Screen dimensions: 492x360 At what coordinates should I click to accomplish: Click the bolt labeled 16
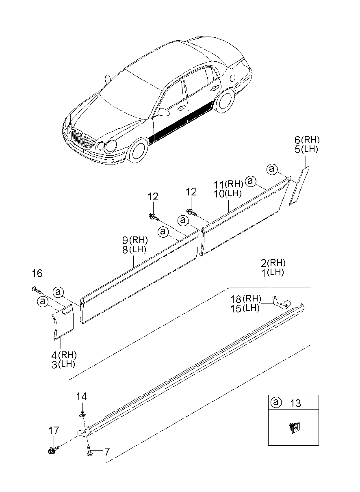click(x=37, y=290)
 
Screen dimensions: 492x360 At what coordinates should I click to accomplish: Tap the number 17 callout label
click(x=54, y=431)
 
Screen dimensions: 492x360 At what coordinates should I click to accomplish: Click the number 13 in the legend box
click(x=296, y=403)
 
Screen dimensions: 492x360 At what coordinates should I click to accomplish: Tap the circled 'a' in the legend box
click(x=276, y=403)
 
